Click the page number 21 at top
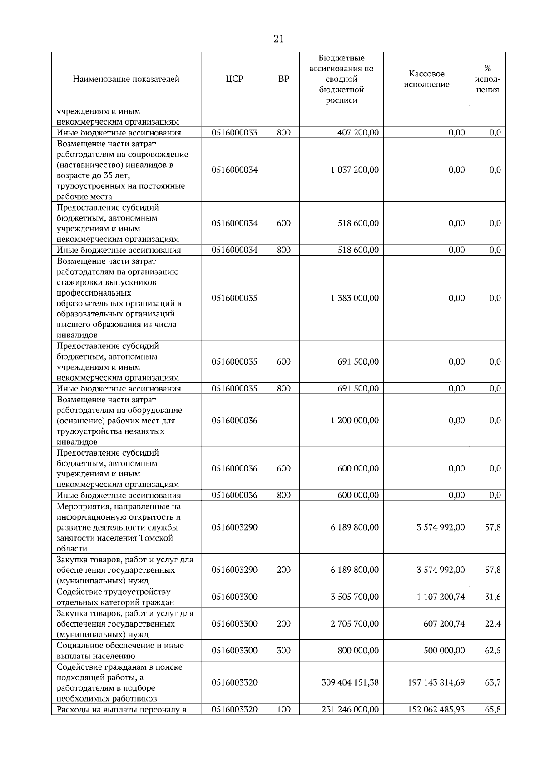coord(278,40)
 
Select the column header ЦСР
coord(234,79)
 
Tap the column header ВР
coord(283,79)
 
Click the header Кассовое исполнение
coord(426,79)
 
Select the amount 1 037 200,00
coord(355,170)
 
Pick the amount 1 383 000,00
coord(355,298)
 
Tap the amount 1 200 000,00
coord(355,421)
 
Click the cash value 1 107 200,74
coord(441,597)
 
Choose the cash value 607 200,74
coord(444,624)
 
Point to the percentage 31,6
coord(492,597)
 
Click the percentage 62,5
coord(492,651)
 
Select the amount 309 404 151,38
coord(350,682)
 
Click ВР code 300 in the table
coord(283,651)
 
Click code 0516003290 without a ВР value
coord(234,527)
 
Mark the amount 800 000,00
coord(358,651)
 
